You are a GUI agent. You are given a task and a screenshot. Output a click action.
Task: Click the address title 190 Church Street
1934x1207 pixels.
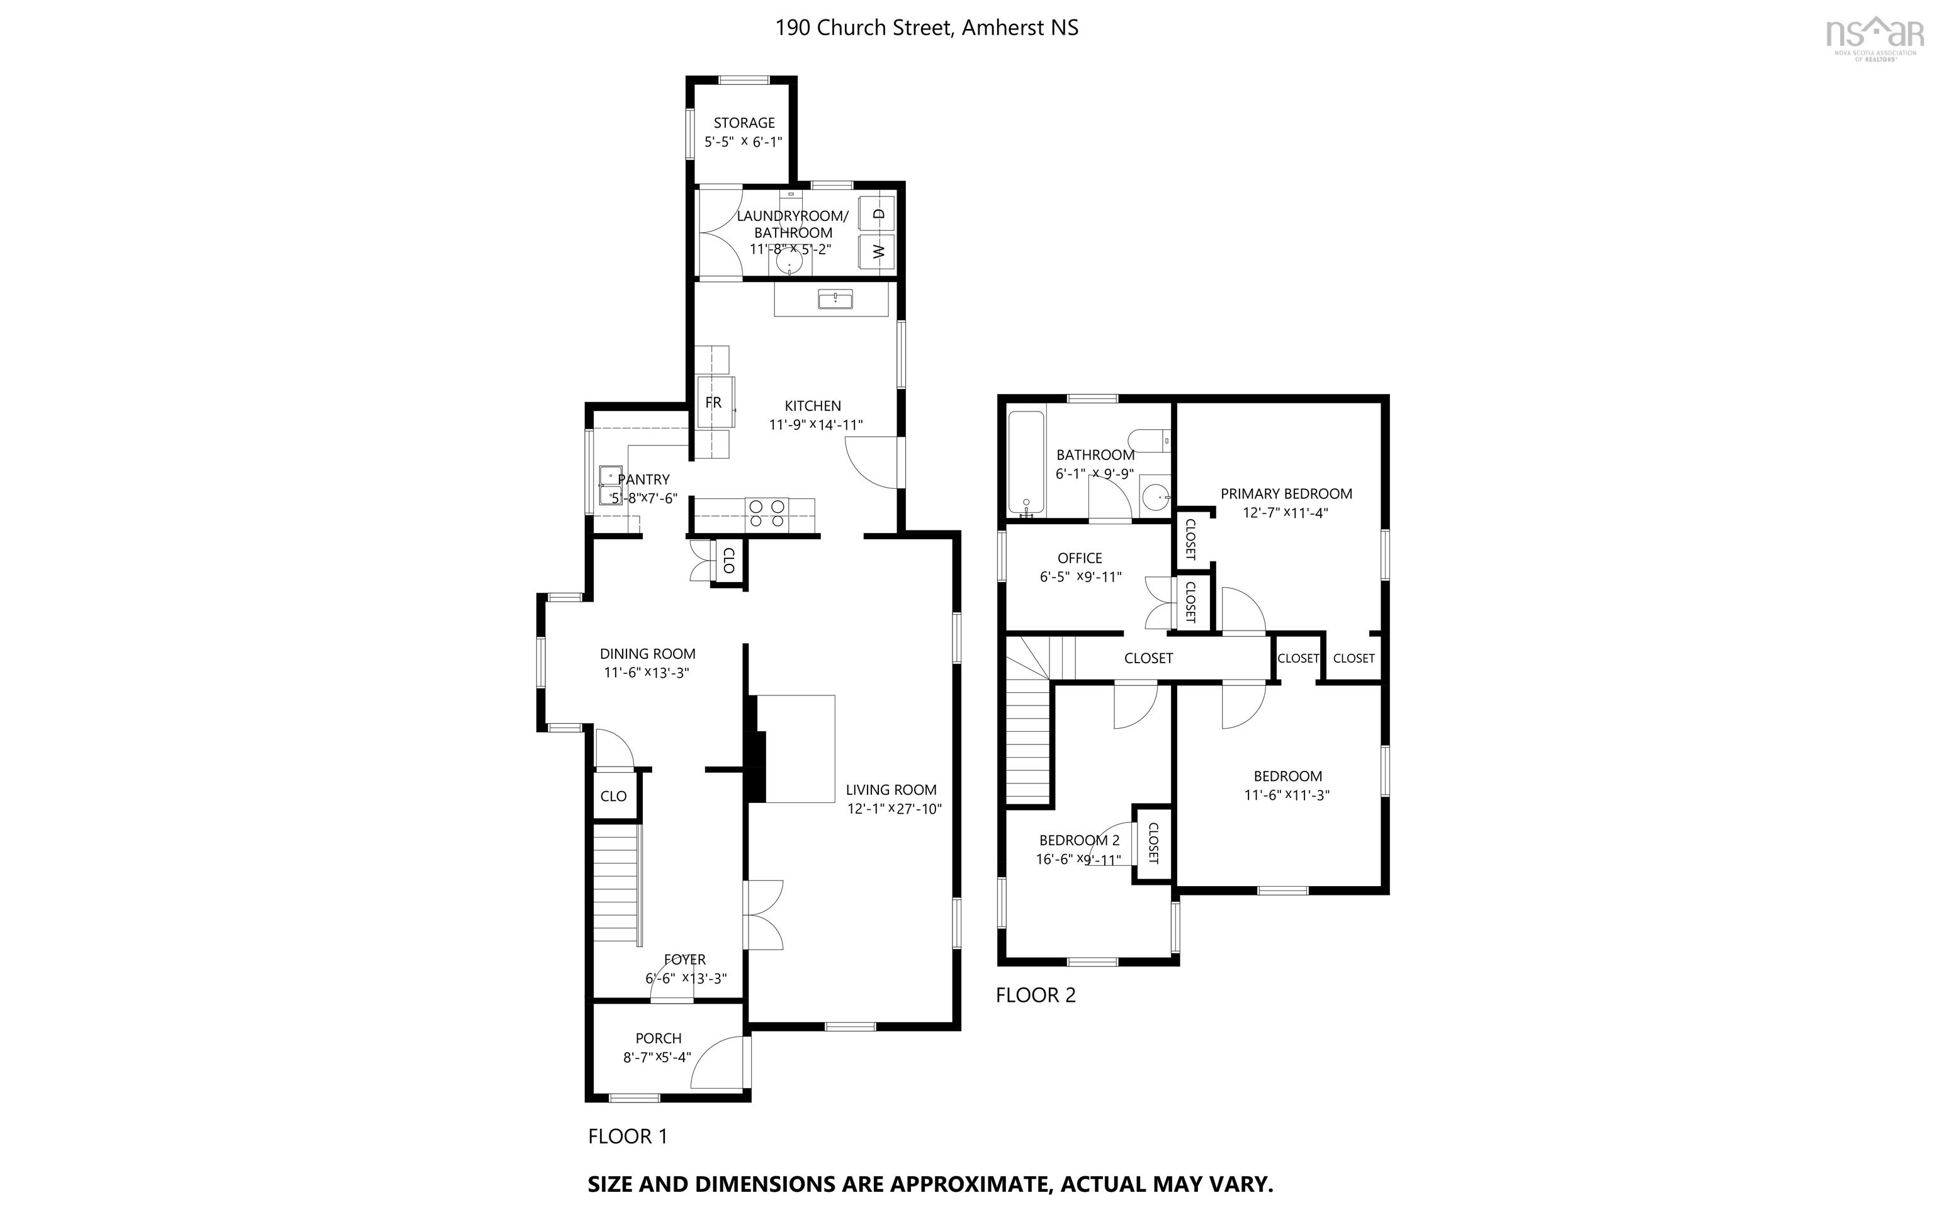926,28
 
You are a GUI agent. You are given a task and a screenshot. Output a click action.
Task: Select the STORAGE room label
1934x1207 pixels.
744,123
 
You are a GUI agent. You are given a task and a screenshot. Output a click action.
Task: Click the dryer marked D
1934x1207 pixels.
878,213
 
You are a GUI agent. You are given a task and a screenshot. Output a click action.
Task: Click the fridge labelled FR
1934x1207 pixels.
713,403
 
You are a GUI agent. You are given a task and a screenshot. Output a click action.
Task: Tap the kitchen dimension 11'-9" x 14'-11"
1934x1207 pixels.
815,425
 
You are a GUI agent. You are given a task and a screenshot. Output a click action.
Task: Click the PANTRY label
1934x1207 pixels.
643,480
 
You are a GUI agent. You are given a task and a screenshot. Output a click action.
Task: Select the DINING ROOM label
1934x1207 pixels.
648,654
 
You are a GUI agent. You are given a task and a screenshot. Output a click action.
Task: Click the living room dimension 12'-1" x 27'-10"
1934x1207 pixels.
895,809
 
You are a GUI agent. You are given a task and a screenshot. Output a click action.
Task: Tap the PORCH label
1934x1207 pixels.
658,1038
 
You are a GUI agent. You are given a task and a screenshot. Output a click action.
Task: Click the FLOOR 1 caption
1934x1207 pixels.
627,1137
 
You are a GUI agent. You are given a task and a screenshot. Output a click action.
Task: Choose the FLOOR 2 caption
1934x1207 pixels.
1036,996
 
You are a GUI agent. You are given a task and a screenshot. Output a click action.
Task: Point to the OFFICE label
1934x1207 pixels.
1080,558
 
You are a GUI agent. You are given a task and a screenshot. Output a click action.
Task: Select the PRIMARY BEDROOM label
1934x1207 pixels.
1286,494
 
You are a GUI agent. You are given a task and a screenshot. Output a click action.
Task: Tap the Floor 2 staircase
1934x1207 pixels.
1027,743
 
